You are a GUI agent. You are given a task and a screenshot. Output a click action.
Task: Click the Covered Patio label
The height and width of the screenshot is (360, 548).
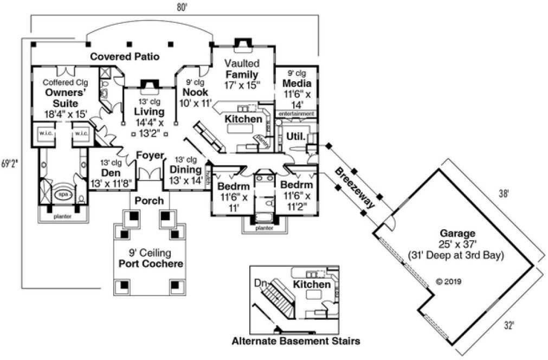click(125, 56)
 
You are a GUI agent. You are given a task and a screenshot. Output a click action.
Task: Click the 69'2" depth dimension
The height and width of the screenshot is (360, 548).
click(10, 163)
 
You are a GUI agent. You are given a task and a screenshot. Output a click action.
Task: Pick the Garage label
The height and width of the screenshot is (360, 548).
click(457, 234)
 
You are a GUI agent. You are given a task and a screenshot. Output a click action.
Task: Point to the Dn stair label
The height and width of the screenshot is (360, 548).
click(261, 282)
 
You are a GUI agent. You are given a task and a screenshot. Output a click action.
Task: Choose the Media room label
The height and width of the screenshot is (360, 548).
click(296, 83)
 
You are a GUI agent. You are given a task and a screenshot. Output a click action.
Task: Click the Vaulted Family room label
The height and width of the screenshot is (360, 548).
click(242, 69)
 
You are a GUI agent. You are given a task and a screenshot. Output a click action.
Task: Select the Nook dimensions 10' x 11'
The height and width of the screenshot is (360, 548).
click(195, 103)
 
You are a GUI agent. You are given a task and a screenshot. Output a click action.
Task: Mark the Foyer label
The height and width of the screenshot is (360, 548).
click(149, 156)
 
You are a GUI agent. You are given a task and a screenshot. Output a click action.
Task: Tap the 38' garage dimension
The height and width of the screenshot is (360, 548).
click(504, 193)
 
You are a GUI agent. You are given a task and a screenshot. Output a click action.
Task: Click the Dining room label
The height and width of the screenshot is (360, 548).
click(186, 169)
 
